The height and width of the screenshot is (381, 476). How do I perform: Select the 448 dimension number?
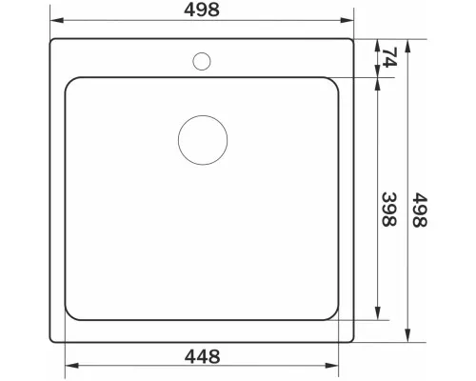tap(203, 356)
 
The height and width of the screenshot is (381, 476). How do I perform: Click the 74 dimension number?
tap(389, 57)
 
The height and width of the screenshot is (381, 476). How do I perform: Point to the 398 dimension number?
tap(389, 209)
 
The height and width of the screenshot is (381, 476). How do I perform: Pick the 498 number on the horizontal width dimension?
tap(202, 10)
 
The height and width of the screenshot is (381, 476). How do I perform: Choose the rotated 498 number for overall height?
tap(420, 210)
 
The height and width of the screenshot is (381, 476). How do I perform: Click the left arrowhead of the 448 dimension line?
tap(71, 366)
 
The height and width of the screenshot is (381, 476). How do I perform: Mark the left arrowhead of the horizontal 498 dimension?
tap(57, 20)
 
